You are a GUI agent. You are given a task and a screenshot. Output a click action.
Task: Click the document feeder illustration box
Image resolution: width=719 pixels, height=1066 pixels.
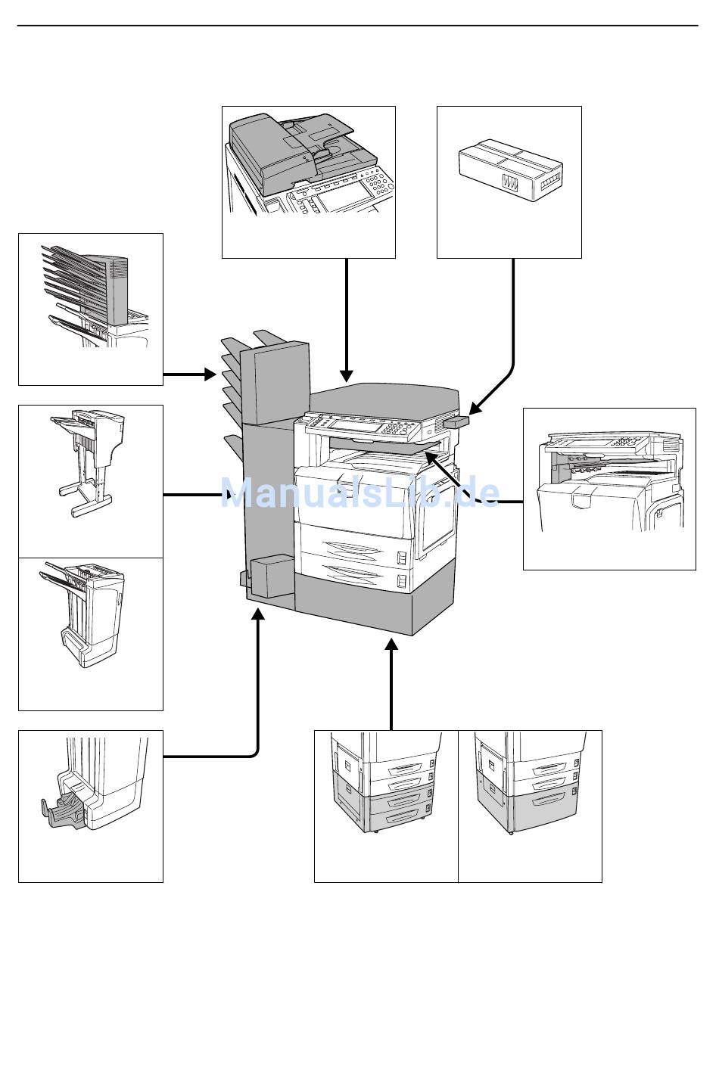pos(308,182)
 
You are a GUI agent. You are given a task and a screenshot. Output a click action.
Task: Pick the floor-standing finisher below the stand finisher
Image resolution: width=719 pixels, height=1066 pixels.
pos(89,617)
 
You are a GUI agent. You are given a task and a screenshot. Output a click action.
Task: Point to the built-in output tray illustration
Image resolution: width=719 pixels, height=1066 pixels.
pos(609,484)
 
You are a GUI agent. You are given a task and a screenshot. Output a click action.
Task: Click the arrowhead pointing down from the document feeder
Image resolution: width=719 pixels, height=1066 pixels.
pos(347,375)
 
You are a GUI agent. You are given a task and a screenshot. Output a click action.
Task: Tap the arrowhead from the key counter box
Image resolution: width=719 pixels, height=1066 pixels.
pos(474,408)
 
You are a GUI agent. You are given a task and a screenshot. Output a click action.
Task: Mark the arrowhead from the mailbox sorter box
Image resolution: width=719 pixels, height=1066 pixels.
pos(210,374)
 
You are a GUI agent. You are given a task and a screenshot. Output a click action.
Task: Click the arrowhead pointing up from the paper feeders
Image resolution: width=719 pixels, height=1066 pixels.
pos(391,645)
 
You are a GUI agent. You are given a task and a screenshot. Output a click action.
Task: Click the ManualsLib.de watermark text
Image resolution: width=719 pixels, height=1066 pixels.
pos(359,493)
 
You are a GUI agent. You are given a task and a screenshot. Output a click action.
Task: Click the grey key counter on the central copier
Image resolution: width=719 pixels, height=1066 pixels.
pos(457,421)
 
